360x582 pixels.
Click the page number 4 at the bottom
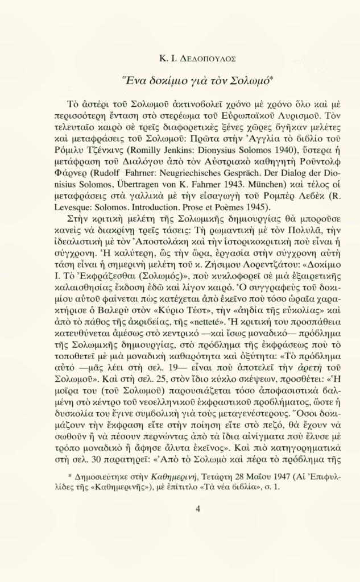197,509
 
